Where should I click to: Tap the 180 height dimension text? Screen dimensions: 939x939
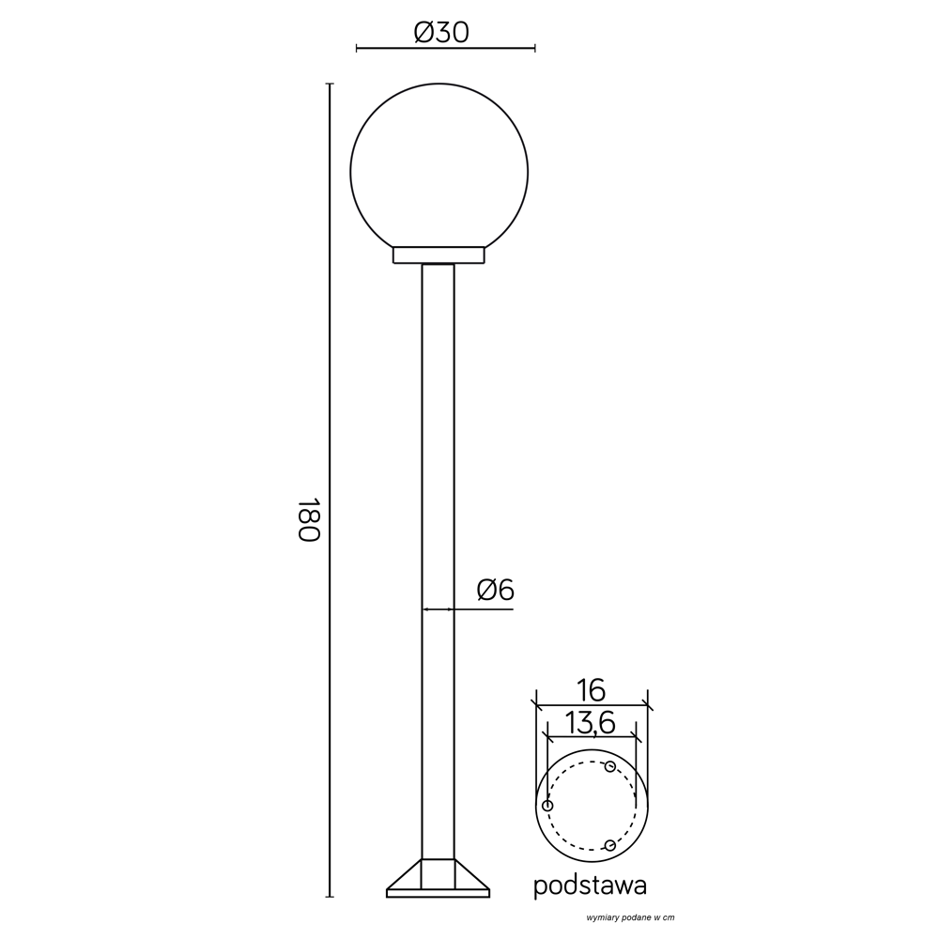click(x=310, y=518)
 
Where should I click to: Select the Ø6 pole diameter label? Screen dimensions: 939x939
click(x=495, y=591)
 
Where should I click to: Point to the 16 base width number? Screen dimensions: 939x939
click(x=592, y=690)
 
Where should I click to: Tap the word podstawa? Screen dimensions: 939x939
click(x=590, y=885)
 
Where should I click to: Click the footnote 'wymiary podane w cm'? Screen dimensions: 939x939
click(x=630, y=917)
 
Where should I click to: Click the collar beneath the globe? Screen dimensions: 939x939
click(x=439, y=255)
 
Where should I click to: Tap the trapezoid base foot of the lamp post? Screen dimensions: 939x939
click(x=438, y=875)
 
